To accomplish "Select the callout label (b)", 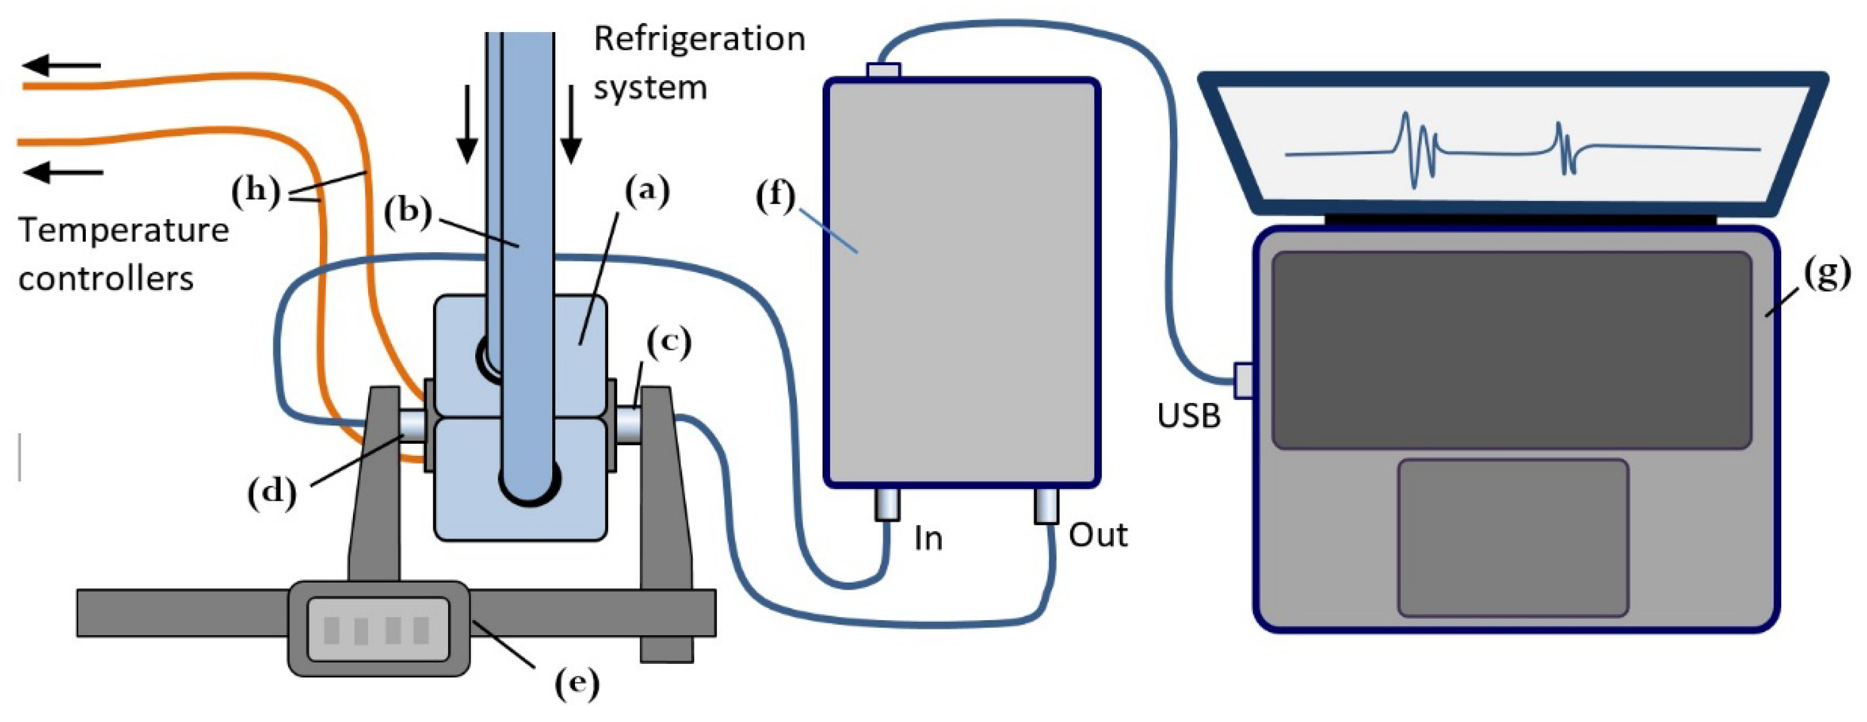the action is click(x=408, y=212).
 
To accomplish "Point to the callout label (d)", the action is click(x=272, y=493).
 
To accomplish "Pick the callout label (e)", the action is click(x=578, y=683).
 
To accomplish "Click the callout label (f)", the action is click(x=775, y=196).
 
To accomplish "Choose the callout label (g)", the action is click(x=1827, y=273).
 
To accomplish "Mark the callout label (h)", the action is click(x=256, y=192).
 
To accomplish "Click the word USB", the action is click(x=1189, y=416).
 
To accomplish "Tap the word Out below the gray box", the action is click(x=1098, y=535).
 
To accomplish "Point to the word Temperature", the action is click(x=124, y=231).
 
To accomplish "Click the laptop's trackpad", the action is click(x=1513, y=538).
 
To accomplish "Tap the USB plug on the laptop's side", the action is click(x=1244, y=381).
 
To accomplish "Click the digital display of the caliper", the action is click(x=379, y=629).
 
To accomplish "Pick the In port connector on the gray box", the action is click(x=887, y=504).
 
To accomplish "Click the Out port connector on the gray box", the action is click(x=1046, y=505).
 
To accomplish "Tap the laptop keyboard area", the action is click(x=1512, y=351).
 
